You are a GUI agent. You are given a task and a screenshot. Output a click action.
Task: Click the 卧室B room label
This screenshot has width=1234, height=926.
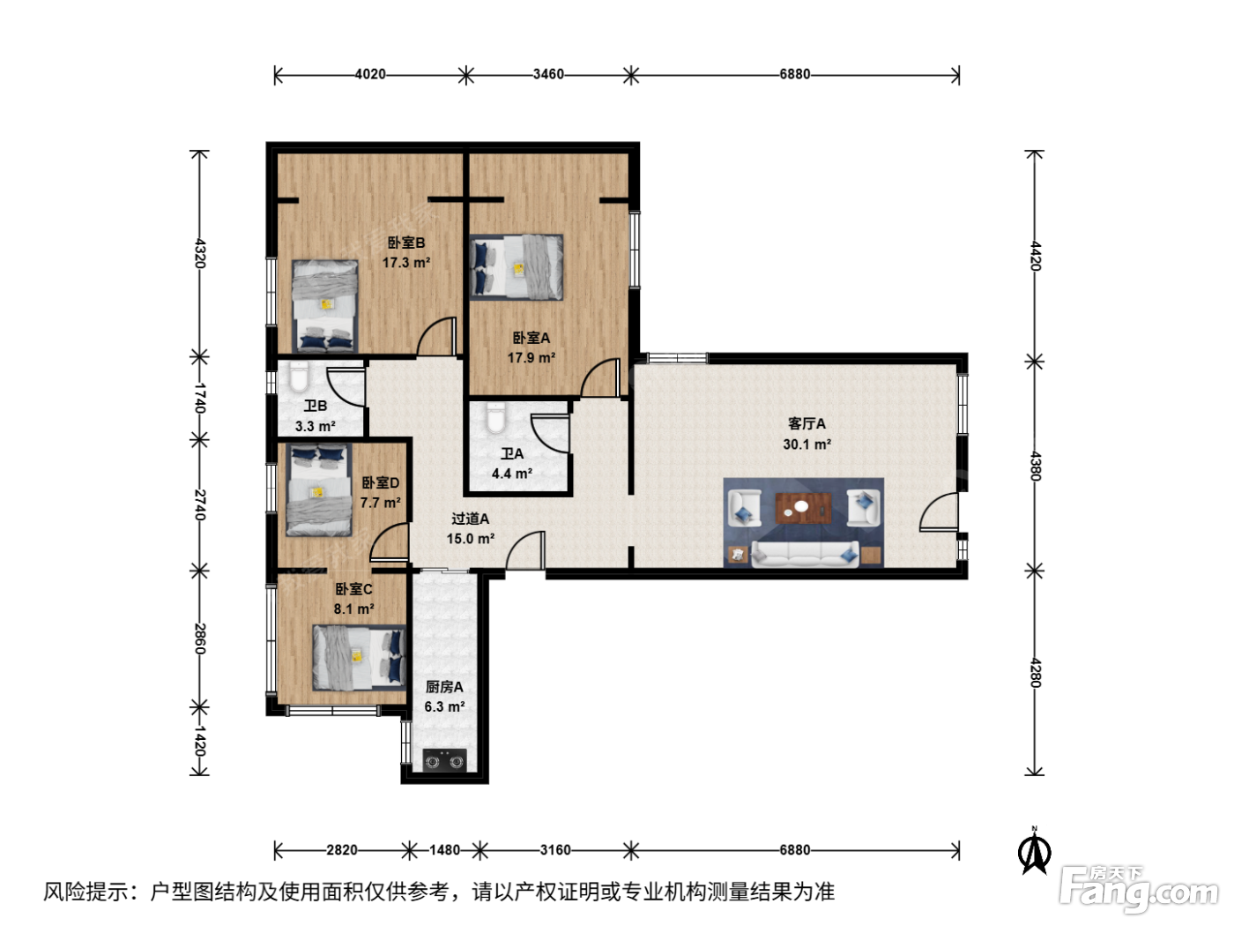(406, 243)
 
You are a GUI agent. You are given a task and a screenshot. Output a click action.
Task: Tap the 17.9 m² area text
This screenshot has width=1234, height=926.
(532, 357)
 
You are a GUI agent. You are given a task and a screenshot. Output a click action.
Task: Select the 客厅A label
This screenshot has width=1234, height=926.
(807, 424)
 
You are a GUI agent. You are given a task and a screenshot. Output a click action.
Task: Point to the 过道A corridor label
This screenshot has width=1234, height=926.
(470, 519)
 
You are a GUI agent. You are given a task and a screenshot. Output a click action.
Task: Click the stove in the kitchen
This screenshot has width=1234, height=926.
(445, 762)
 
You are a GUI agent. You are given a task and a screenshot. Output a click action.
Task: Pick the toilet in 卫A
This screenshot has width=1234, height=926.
(495, 418)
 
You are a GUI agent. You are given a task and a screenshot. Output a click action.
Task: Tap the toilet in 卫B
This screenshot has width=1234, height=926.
(299, 377)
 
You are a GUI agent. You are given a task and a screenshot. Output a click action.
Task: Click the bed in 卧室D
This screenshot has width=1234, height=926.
(319, 489)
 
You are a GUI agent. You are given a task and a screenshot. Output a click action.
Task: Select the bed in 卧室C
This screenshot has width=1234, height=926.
(360, 658)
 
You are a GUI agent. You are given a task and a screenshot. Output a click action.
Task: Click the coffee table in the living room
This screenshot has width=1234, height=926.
(803, 508)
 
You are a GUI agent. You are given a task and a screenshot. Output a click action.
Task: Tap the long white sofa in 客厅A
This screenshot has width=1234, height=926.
(805, 555)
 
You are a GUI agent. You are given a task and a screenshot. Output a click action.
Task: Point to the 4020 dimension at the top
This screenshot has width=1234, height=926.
(370, 74)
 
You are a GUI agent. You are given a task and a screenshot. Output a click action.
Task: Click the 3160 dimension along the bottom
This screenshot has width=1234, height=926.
(555, 850)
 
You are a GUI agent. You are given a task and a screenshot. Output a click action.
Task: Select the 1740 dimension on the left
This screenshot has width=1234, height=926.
(200, 398)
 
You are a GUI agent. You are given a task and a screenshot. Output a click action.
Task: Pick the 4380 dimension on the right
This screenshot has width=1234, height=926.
(1035, 466)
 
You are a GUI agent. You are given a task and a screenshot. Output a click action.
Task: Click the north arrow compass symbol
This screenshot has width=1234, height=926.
(1034, 852)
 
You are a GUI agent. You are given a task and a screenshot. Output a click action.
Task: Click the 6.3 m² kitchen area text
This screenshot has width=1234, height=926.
(444, 706)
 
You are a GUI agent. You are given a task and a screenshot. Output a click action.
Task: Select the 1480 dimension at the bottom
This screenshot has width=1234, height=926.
(444, 850)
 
